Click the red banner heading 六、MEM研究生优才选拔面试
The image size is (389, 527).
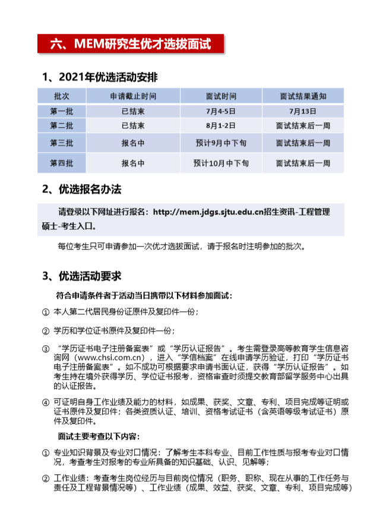pos(130,43)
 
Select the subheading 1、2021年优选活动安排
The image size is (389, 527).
pos(100,77)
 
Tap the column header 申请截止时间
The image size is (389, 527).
pos(133,96)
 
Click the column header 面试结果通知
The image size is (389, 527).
pos(303,96)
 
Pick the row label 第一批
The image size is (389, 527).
pos(61,111)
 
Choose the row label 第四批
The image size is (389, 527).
pos(61,163)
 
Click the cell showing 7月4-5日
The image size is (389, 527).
pos(221,111)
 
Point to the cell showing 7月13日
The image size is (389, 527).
pos(303,111)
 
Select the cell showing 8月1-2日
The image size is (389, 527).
pos(221,125)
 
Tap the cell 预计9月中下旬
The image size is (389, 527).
pos(221,143)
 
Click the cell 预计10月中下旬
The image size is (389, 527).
pos(221,163)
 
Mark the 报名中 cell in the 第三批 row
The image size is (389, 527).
pos(133,143)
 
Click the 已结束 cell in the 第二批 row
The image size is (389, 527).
pos(133,125)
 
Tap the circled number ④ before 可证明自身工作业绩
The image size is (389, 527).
pos(46,402)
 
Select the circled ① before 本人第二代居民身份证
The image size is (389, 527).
pos(46,311)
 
